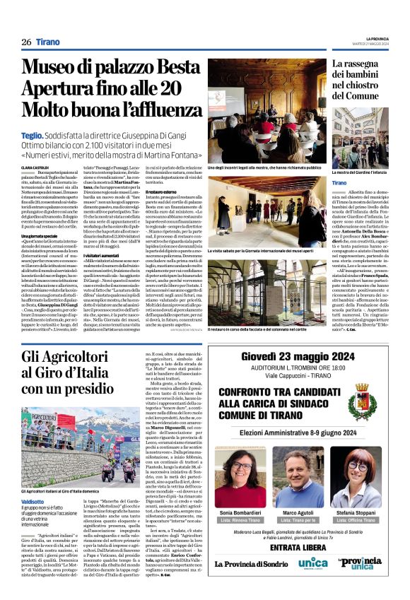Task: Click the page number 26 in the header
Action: [x=26, y=42]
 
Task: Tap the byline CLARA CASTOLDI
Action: [x=35, y=167]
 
